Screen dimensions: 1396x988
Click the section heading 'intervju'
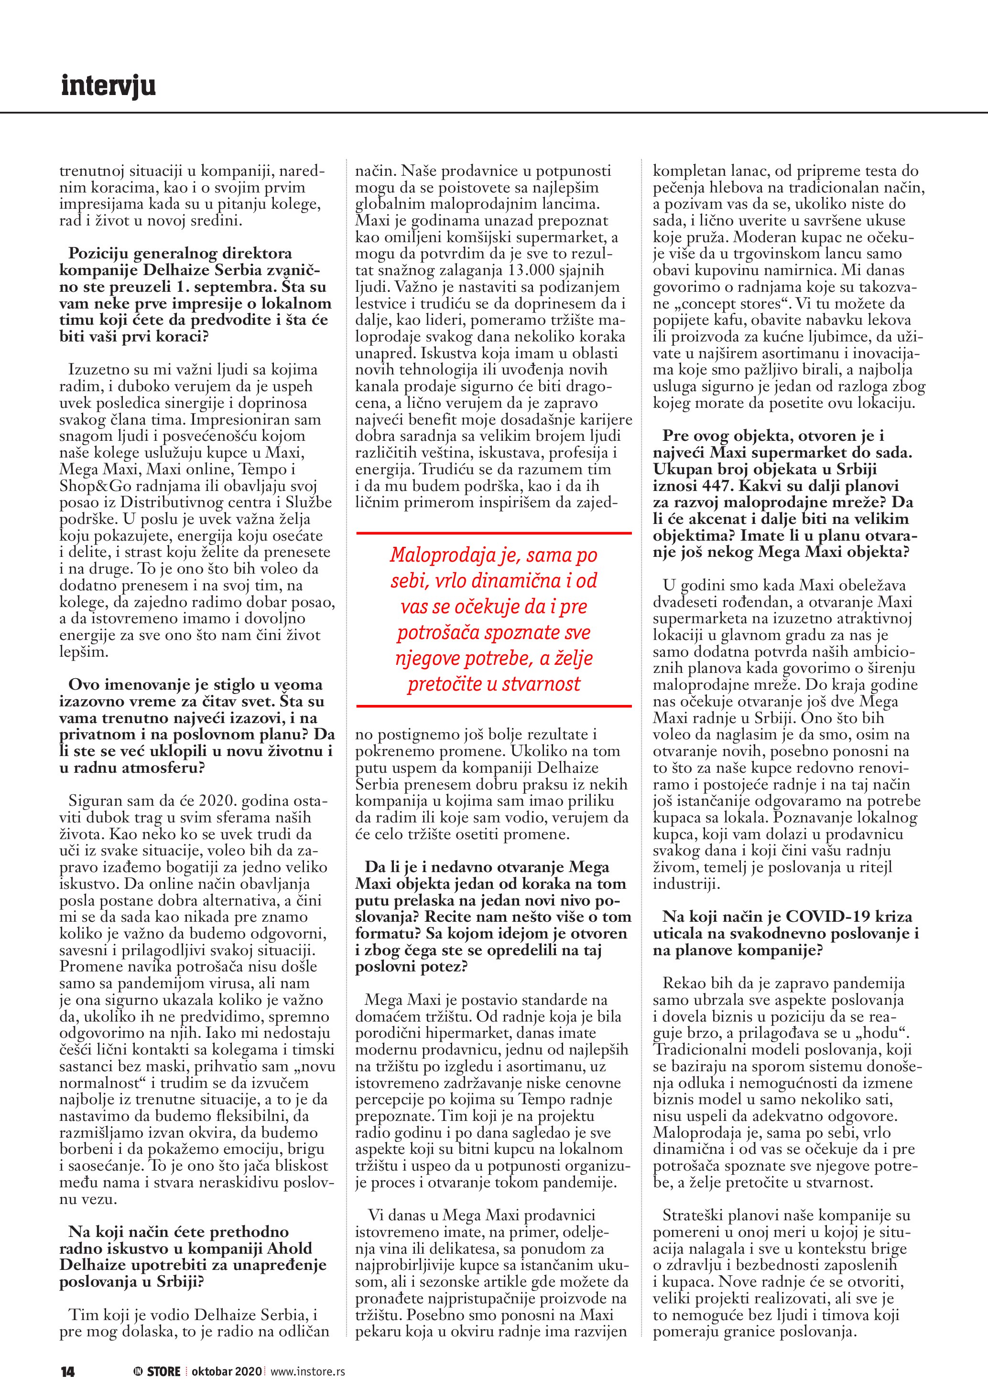(109, 86)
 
